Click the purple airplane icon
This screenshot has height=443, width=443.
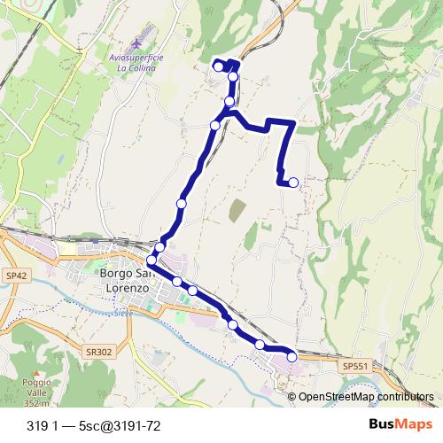point(135,43)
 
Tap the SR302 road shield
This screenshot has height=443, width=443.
point(99,352)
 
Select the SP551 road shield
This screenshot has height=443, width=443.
point(354,366)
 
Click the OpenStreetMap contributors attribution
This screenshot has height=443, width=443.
point(365,397)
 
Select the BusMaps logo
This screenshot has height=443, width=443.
point(400,425)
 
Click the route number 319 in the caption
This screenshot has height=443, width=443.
point(37,426)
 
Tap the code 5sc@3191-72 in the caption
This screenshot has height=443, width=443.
point(119,426)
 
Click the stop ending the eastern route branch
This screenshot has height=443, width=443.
point(293,183)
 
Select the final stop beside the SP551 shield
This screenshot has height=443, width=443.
point(292,357)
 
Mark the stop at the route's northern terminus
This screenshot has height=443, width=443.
point(219,66)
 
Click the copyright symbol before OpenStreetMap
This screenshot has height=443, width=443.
point(291,397)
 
